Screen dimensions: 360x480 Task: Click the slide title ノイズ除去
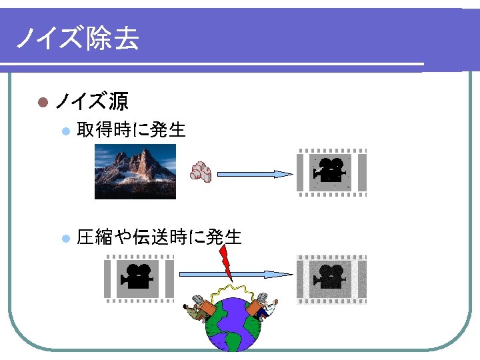click(77, 39)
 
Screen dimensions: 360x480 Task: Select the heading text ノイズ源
click(91, 101)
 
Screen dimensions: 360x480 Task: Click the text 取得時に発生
click(131, 129)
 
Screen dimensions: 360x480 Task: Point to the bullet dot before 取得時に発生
click(65, 131)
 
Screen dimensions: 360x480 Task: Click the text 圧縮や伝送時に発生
click(159, 237)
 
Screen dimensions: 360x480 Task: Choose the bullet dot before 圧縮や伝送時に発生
click(65, 238)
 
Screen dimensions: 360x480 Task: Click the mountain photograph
click(135, 171)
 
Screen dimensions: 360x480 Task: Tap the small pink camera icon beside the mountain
click(201, 172)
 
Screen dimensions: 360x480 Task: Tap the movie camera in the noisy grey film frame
click(331, 276)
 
